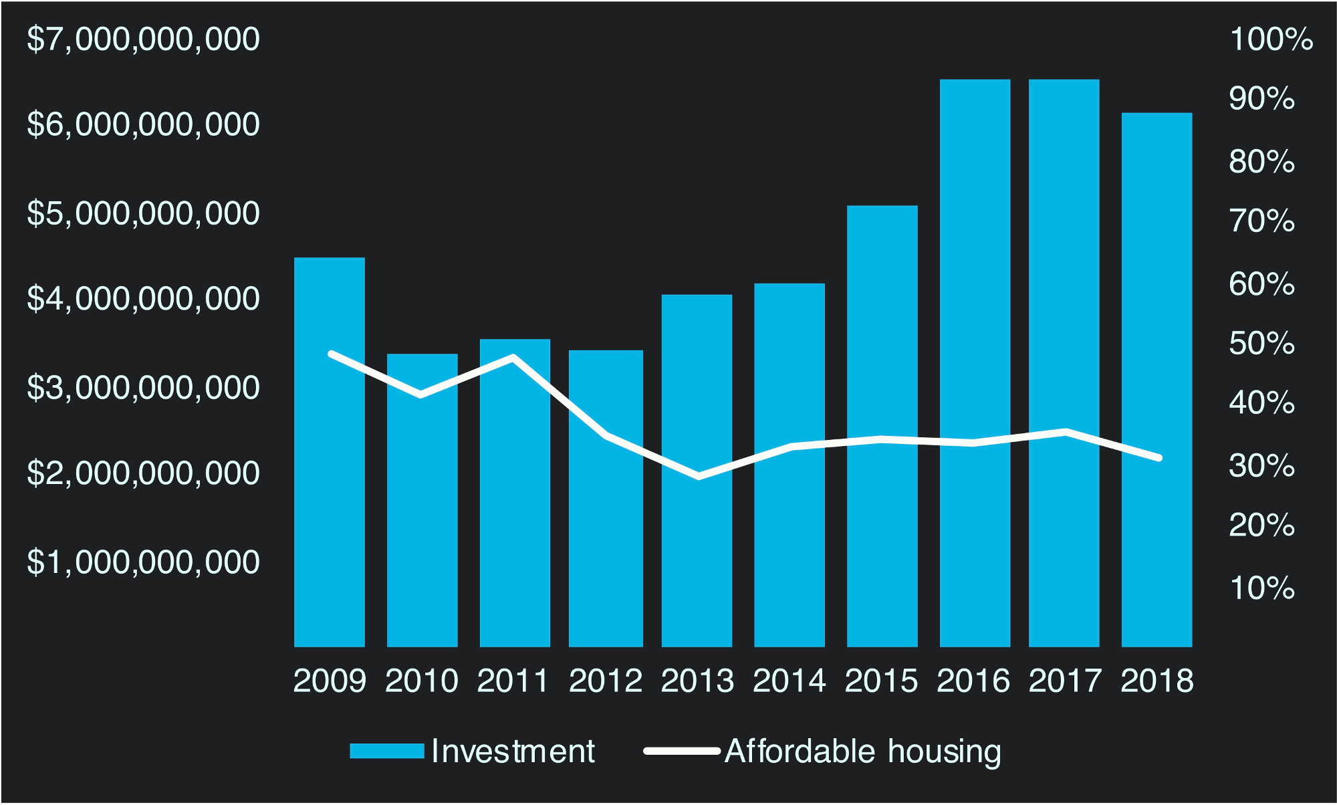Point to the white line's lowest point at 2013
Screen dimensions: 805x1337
coord(699,476)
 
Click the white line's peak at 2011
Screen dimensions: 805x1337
coord(513,357)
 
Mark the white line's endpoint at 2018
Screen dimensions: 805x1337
coord(1159,458)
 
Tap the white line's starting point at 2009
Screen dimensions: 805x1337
coord(332,354)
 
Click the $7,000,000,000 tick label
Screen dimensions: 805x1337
coord(143,39)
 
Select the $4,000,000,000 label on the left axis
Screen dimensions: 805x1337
coord(143,298)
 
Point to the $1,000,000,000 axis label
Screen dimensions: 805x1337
coord(143,562)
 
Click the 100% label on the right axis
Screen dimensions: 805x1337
coord(1271,39)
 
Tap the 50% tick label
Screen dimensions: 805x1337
coord(1261,344)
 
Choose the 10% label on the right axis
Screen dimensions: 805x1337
coord(1261,588)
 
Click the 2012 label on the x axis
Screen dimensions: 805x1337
coord(605,681)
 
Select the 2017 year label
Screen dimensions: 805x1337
coord(1064,681)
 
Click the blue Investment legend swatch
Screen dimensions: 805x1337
coord(387,752)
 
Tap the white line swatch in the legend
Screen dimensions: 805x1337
coord(681,752)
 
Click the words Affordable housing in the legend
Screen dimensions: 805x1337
coord(863,752)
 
